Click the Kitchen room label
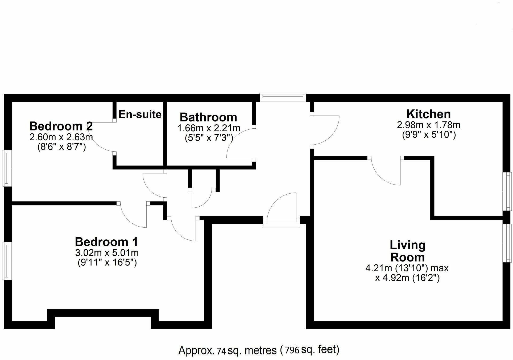pyautogui.click(x=428, y=114)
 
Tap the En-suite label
pyautogui.click(x=140, y=114)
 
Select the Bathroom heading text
pyautogui.click(x=208, y=117)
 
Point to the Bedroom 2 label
pyautogui.click(x=61, y=126)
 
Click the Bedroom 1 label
pyautogui.click(x=106, y=242)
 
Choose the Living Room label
pyautogui.click(x=407, y=251)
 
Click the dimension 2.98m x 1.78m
pyautogui.click(x=428, y=125)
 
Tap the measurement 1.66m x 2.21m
pyautogui.click(x=209, y=128)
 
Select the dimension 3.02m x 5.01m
pyautogui.click(x=107, y=252)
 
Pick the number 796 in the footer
pyautogui.click(x=292, y=350)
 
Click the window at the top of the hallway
pyautogui.click(x=283, y=97)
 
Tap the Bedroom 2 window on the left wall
pyautogui.click(x=7, y=168)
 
